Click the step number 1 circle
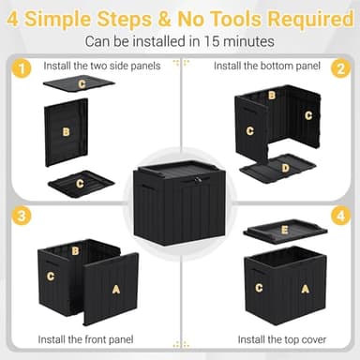20,68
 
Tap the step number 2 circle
342,68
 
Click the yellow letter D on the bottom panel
285,169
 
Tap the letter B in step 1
66,133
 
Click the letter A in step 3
115,290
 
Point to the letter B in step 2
272,96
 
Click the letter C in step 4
259,288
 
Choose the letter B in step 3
75,250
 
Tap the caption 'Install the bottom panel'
265,66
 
